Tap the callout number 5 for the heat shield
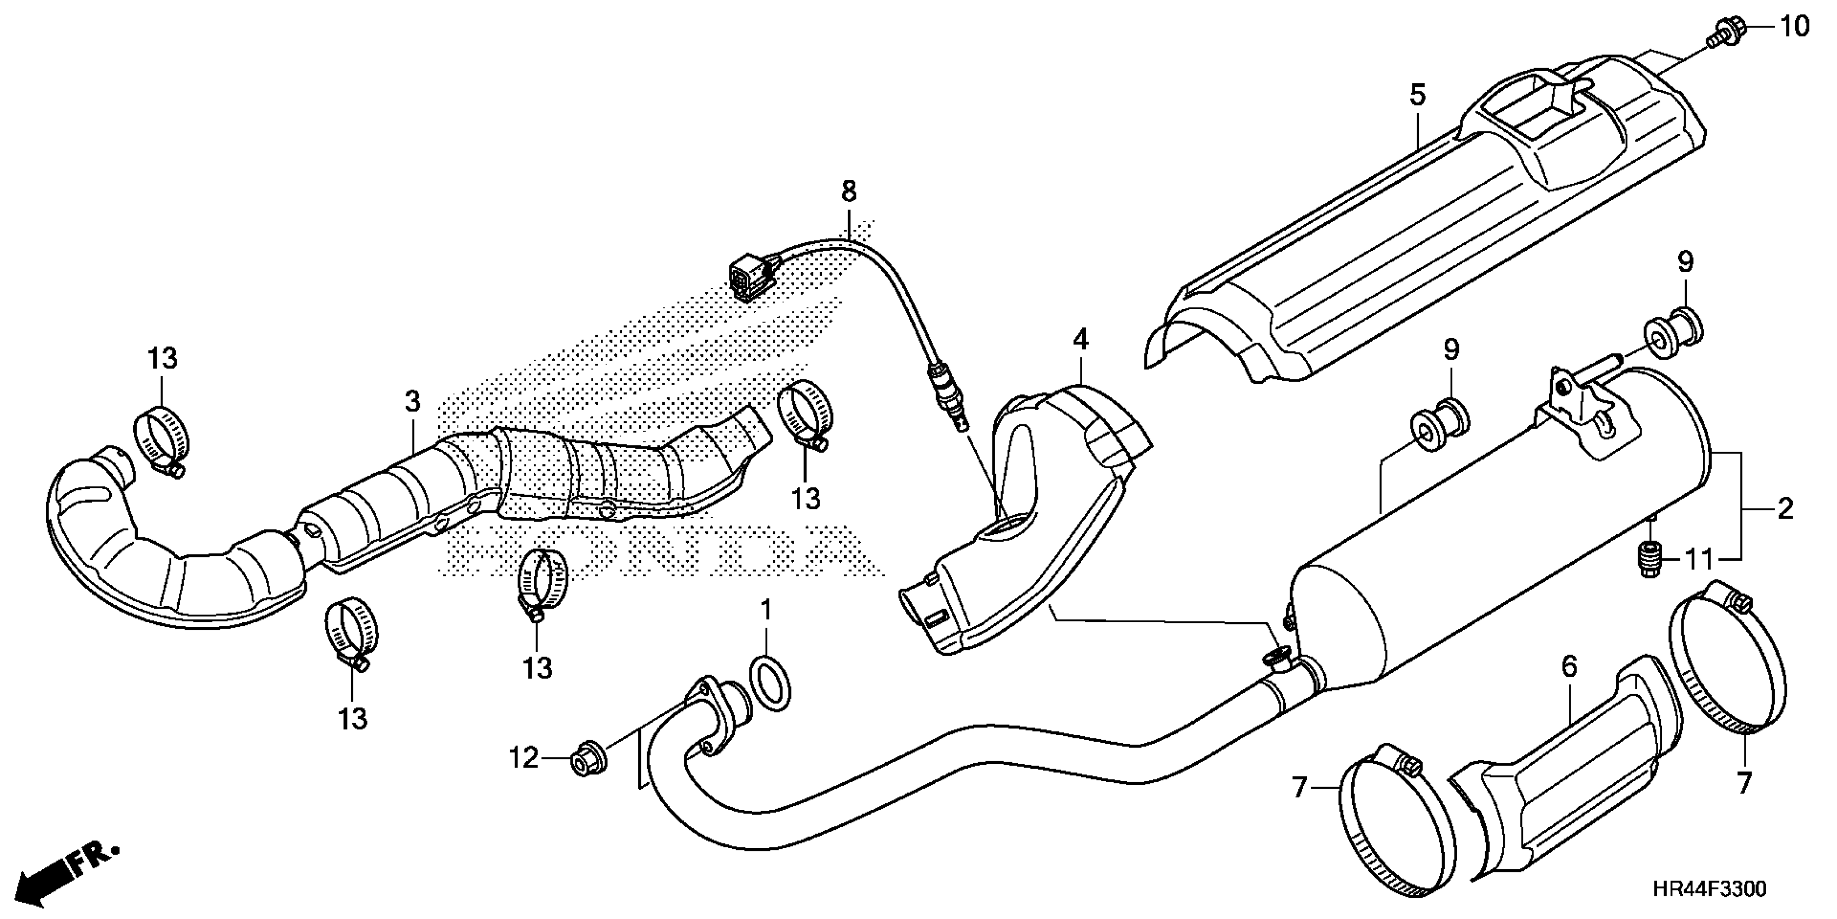pyautogui.click(x=1417, y=95)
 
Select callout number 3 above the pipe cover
pyautogui.click(x=413, y=402)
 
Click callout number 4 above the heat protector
pyautogui.click(x=1081, y=339)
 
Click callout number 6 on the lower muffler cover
pyautogui.click(x=1569, y=667)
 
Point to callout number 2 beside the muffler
pyautogui.click(x=1784, y=508)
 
